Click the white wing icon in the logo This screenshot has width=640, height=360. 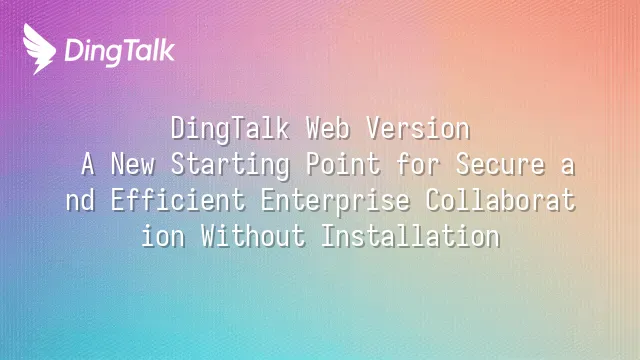pos(39,49)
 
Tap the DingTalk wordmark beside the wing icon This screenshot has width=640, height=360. pos(120,52)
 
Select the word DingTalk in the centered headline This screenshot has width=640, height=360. pos(230,129)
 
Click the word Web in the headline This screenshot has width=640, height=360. pos(328,128)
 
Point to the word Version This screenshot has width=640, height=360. pos(418,128)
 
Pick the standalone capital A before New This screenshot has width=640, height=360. pos(88,164)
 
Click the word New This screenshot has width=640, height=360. pos(133,164)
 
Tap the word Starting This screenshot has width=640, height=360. pos(230,165)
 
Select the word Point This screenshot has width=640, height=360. pos(343,164)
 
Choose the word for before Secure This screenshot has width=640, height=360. pos(418,164)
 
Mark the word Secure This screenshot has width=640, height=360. pos(500,164)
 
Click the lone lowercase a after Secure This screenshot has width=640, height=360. pos(568,167)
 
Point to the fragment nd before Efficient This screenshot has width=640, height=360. pos(80,200)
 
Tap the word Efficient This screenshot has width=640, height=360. pos(178,200)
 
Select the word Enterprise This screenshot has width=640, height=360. pos(335,202)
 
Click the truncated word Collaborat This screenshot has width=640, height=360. pos(500,200)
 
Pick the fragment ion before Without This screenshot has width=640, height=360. pos(163,236)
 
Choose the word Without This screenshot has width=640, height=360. pos(253,236)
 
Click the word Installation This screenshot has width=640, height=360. pos(411,236)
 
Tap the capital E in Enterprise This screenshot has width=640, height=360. pos(268,200)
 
